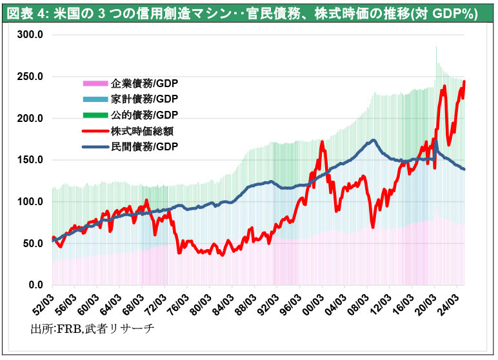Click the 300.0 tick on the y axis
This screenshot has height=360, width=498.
31,35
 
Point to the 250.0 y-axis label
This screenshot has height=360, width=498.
31,77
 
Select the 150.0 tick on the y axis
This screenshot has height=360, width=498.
31,160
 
